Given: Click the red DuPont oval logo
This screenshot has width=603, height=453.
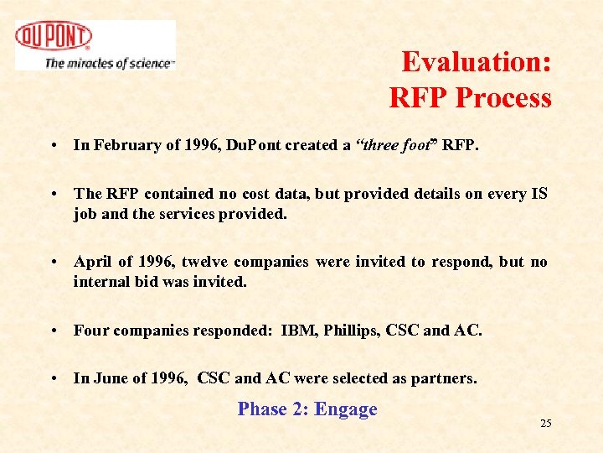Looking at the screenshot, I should tap(54, 37).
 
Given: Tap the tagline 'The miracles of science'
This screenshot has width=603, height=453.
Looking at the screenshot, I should tap(109, 63).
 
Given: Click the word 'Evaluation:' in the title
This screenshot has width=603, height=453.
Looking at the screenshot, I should tap(476, 62).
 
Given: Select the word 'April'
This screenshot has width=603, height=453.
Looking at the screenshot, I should tap(93, 262).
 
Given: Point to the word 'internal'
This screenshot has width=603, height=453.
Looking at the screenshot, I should tap(102, 281).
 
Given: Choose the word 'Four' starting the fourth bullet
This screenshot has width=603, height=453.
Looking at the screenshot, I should tap(90, 330).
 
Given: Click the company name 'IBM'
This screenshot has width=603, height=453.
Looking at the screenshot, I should tap(299, 330).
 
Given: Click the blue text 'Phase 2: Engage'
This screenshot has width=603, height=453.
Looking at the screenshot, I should tap(307, 409).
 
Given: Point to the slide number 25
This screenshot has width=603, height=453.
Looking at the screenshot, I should tap(545, 424).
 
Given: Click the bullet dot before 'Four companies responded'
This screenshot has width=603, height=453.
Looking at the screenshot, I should tap(53, 331).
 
